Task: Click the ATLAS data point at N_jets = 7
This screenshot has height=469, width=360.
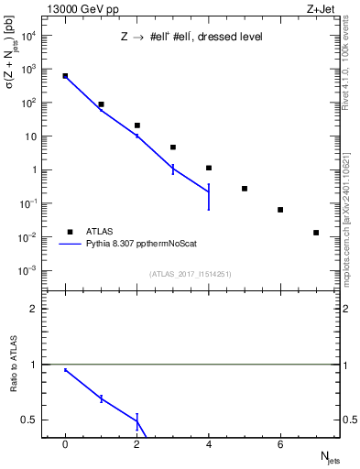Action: point(316,233)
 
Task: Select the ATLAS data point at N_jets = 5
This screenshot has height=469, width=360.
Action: point(245,189)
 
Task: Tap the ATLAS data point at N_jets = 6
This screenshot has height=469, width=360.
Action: point(280,210)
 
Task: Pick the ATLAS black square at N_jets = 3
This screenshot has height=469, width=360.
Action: point(173,147)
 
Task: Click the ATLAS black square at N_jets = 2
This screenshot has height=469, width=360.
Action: point(137,125)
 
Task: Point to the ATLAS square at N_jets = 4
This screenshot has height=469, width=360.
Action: point(209,168)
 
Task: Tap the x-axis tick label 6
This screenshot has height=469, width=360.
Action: point(280,444)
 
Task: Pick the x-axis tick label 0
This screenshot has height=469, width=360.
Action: point(65,444)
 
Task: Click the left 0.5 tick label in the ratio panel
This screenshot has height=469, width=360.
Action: point(32,420)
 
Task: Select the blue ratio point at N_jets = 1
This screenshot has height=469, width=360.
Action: point(101,398)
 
